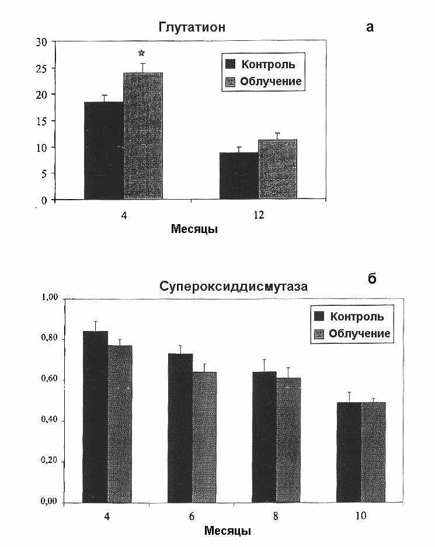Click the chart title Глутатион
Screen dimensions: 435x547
(192, 27)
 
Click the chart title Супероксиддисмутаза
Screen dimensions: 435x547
(234, 287)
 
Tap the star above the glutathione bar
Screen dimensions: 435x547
(141, 53)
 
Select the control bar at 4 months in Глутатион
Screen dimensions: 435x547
(104, 151)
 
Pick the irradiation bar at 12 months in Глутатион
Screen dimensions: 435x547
(278, 169)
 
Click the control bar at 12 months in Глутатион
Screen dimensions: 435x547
(239, 176)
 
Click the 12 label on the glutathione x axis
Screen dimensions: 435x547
(259, 215)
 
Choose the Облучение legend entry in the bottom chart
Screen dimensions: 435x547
(352, 334)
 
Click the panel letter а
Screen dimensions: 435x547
(370, 27)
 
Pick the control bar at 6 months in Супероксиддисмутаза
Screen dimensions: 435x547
(180, 428)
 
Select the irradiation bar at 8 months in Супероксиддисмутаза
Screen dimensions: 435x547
(288, 440)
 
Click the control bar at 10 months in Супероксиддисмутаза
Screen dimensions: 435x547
(349, 452)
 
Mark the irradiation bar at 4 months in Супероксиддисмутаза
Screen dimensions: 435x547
(120, 424)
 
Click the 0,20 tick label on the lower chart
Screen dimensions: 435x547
(49, 461)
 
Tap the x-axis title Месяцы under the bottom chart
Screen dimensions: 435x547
(228, 531)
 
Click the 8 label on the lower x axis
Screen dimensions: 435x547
(276, 516)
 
